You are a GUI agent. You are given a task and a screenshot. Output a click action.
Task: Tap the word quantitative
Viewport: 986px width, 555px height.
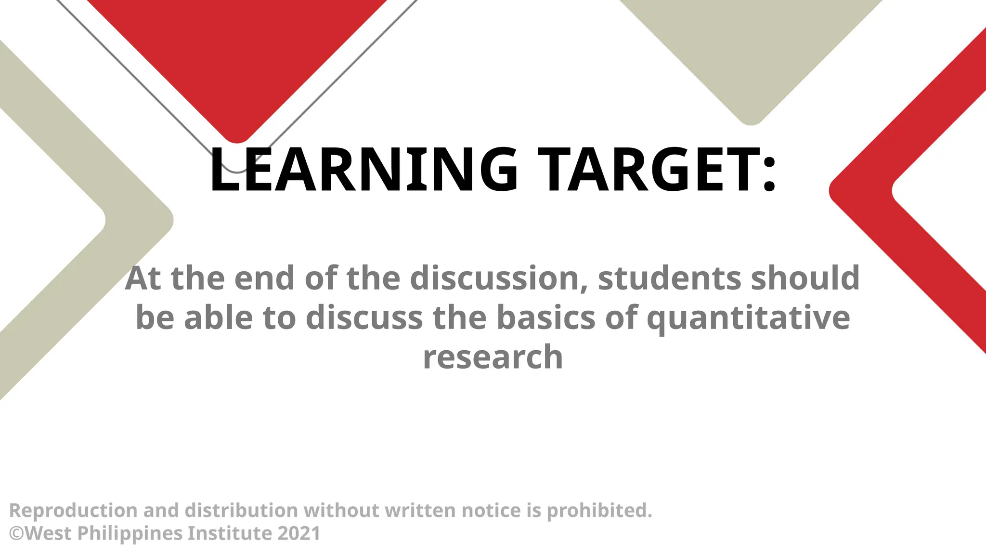point(748,319)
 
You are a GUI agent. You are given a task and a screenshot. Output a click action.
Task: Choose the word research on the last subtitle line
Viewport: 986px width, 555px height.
point(493,357)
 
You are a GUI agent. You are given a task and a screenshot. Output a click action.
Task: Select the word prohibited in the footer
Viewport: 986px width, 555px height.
point(599,511)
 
